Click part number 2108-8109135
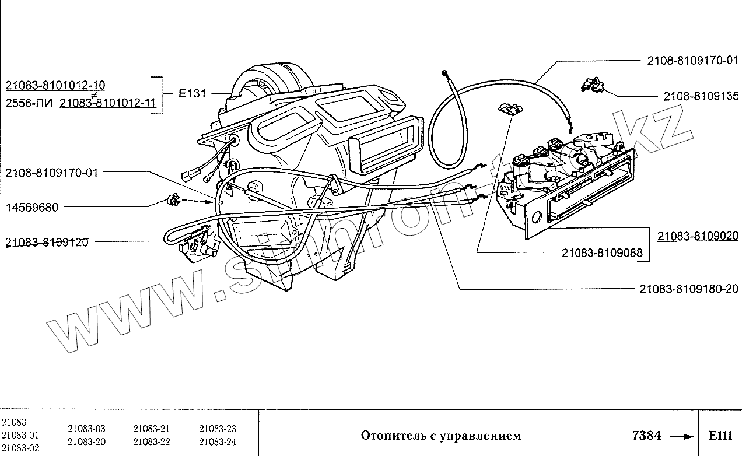click(701, 96)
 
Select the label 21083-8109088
click(602, 252)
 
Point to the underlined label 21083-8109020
click(698, 236)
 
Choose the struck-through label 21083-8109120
click(47, 242)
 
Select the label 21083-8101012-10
click(55, 86)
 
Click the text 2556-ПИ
click(29, 104)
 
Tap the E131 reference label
click(192, 93)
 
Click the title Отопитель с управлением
click(440, 436)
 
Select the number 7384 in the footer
click(647, 436)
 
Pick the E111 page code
click(719, 436)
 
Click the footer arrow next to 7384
click(680, 436)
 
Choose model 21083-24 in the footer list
click(217, 441)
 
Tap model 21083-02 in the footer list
click(20, 448)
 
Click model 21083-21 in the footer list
click(151, 429)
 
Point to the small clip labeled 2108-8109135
click(591, 85)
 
